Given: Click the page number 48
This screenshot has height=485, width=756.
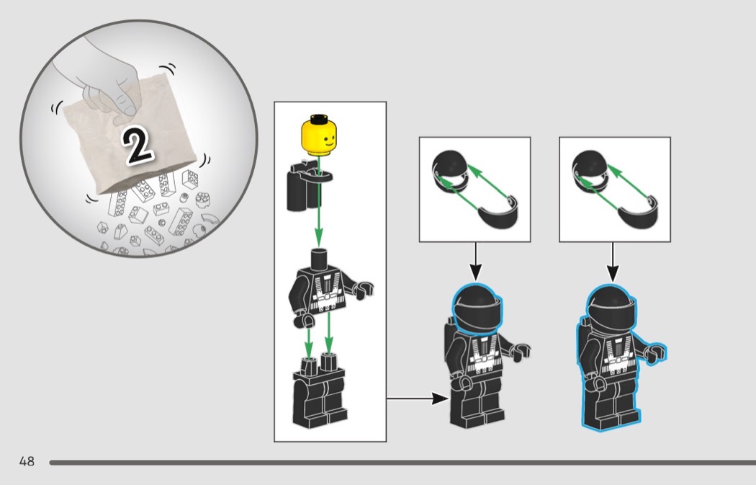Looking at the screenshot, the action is tap(27, 461).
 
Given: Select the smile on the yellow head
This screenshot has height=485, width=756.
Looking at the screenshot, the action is tap(329, 143).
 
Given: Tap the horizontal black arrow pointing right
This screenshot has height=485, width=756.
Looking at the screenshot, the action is tap(418, 399).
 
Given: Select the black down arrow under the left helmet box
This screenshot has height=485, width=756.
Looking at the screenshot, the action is tap(475, 262).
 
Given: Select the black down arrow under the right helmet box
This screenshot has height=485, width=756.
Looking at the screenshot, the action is tap(613, 262).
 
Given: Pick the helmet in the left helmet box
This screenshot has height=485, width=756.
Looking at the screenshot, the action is tap(450, 172).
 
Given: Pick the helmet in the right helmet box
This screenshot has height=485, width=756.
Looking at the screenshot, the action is tap(590, 172).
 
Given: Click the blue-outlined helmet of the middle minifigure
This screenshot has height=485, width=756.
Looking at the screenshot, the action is tap(477, 309).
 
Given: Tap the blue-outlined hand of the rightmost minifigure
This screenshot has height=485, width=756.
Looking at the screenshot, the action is tap(656, 352).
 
